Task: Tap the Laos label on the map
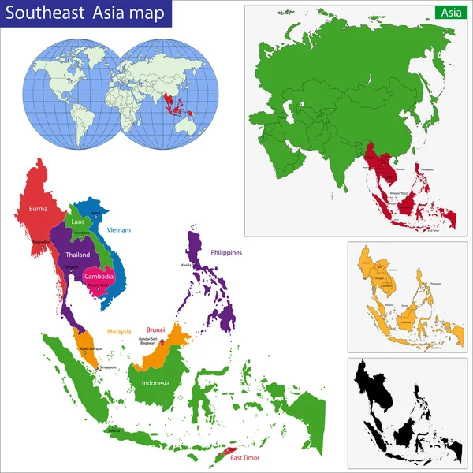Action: pos(77,222)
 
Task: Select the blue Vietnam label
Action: pos(118,230)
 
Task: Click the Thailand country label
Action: pos(78,255)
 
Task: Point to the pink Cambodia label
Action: pos(99,277)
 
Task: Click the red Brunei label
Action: pos(155,330)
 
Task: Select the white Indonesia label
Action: pos(155,383)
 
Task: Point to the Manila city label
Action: pos(185,265)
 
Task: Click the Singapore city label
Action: pos(107,367)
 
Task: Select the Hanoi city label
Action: pos(96,214)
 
